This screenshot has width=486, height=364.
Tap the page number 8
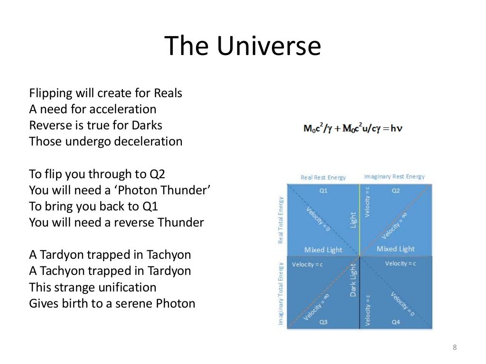click(x=454, y=348)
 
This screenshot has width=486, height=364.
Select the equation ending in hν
click(x=353, y=128)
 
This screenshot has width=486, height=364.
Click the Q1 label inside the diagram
click(x=323, y=190)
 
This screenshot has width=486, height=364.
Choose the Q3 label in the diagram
click(x=323, y=322)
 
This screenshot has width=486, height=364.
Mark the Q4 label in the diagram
click(x=395, y=322)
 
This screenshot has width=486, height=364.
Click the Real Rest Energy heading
click(x=323, y=178)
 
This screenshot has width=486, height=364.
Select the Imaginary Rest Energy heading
click(x=394, y=177)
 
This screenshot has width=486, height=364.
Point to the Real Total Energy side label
click(x=280, y=220)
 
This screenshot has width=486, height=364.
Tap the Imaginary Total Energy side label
click(x=280, y=293)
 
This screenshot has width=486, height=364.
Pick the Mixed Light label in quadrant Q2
click(x=395, y=249)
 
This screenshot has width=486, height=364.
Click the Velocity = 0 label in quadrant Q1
click(x=318, y=218)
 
